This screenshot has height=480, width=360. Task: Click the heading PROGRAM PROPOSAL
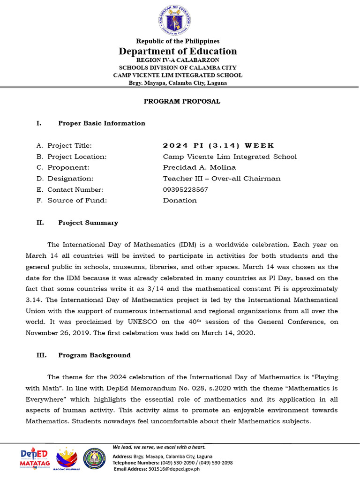pos(181,101)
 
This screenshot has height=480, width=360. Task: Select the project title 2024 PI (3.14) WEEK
pos(218,146)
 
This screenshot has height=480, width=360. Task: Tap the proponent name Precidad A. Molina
pos(199,167)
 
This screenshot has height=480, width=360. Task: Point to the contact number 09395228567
pos(185,190)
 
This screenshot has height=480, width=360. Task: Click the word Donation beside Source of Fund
pos(180,201)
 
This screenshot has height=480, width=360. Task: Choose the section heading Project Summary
pos(88,223)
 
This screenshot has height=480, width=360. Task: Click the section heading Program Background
pos(94,355)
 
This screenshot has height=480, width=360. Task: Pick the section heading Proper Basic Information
pos(101,123)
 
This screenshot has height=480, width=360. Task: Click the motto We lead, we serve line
pos(159,447)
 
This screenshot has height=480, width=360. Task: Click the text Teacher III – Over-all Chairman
pos(221,179)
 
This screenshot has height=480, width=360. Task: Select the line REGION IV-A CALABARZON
pos(178,60)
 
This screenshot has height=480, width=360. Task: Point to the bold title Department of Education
pos(178,51)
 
